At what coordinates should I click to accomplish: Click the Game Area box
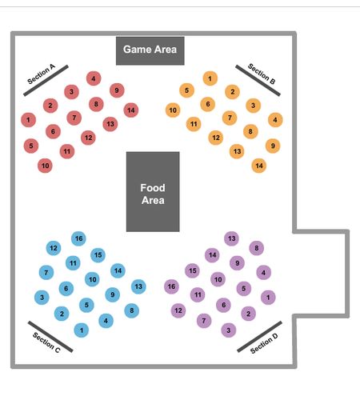coord(150,50)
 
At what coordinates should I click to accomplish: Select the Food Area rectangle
coord(153,192)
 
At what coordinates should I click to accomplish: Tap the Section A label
coord(42,74)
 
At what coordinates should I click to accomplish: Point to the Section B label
coord(262,74)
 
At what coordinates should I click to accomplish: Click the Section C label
coord(46,342)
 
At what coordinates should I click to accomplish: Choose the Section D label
coord(264,343)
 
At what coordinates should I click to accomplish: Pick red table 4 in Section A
coord(94,78)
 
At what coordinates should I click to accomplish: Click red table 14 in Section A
coord(131,110)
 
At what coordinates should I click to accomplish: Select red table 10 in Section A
coord(45,166)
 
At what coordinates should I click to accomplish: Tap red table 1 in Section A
coord(29,120)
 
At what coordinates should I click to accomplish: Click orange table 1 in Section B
coord(210,78)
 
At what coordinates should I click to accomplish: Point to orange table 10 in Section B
coord(173,110)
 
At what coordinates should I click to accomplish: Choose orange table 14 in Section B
coord(259,166)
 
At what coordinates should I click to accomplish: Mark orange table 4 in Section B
coord(275,120)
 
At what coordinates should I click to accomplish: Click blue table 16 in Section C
coord(78,238)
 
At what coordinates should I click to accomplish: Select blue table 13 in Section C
coord(138,286)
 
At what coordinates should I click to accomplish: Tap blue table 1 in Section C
coord(82,330)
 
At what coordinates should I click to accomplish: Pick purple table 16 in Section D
coord(171,286)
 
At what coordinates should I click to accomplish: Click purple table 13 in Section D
coord(231,238)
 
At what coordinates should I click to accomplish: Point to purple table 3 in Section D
coord(229,330)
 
